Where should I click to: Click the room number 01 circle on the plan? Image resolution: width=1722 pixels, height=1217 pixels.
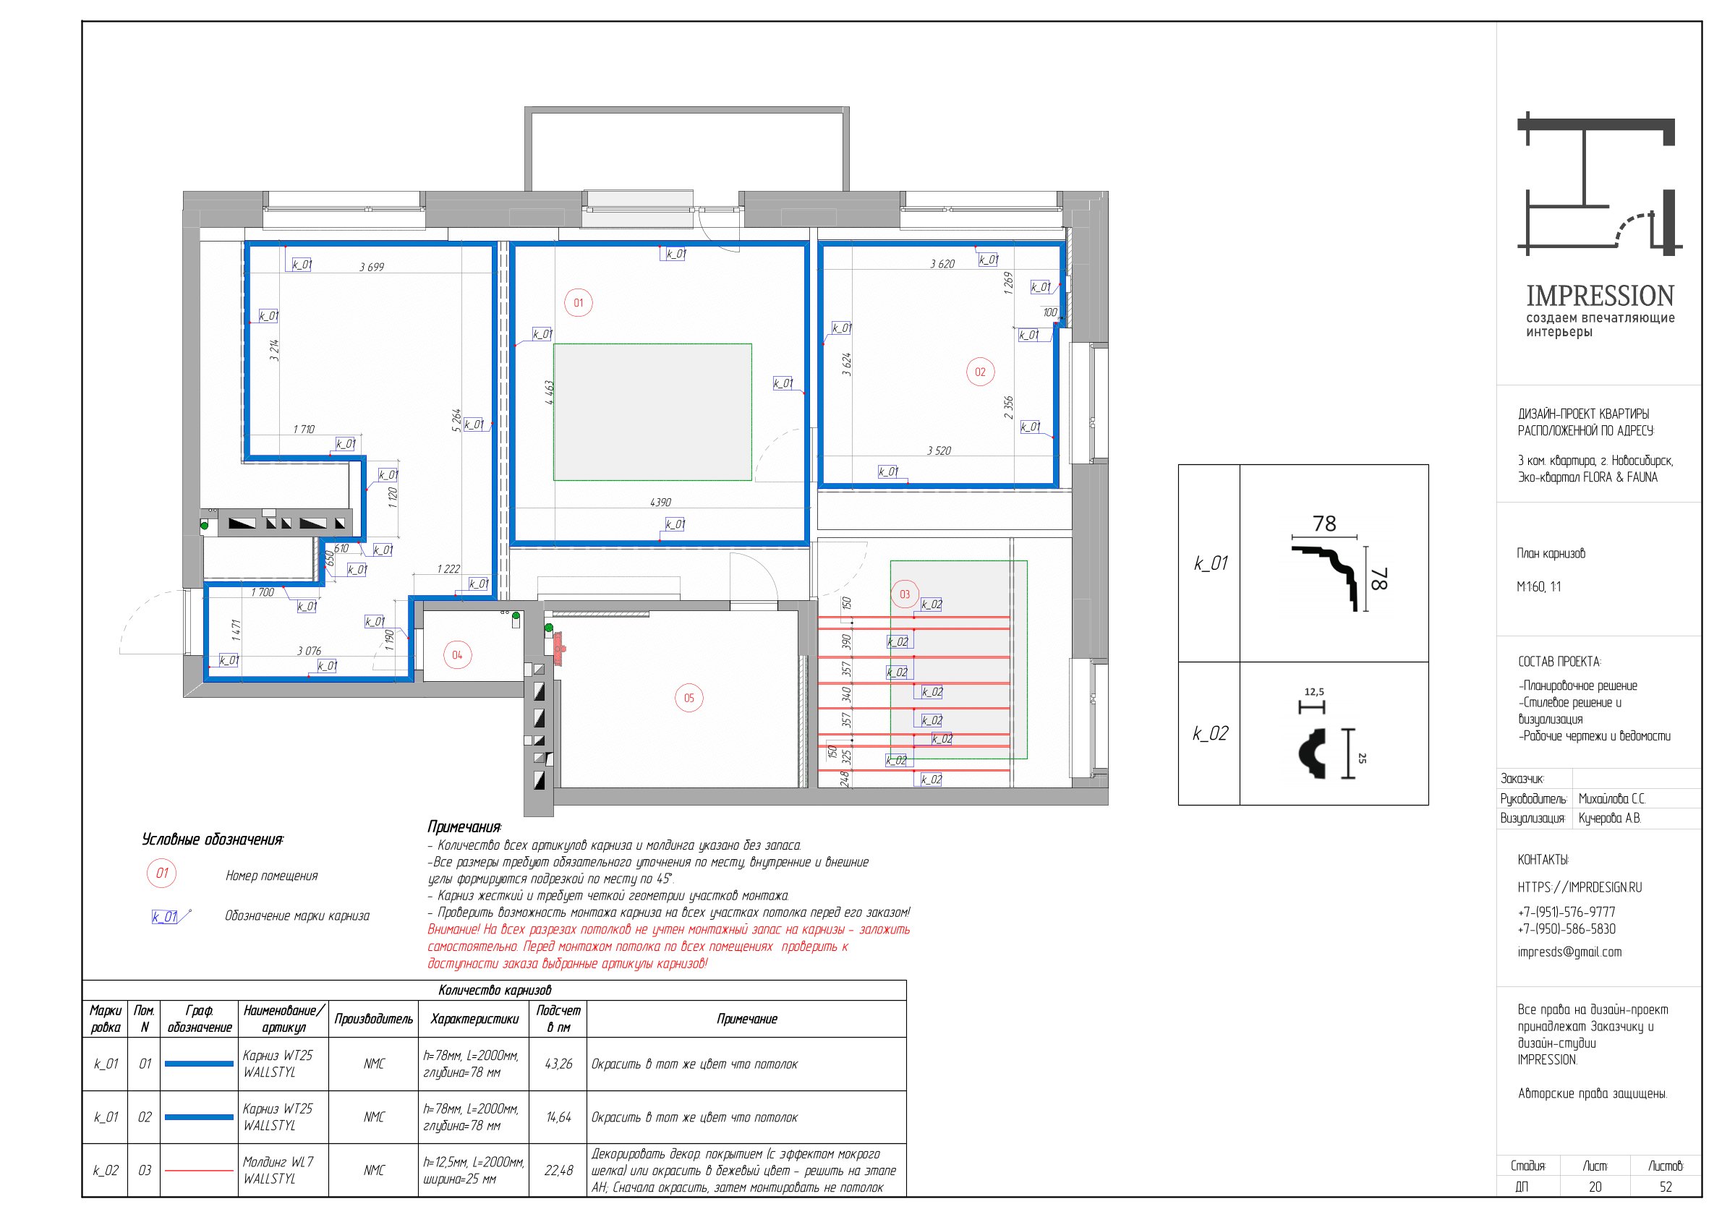tap(579, 303)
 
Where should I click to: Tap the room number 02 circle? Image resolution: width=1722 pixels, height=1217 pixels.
tap(980, 372)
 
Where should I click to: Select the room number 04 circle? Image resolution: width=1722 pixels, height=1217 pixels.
tap(457, 654)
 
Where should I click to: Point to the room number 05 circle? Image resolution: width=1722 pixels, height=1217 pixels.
tap(689, 698)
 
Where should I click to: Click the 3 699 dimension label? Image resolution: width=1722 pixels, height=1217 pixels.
tap(371, 267)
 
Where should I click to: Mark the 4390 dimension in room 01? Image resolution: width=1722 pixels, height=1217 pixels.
tap(660, 503)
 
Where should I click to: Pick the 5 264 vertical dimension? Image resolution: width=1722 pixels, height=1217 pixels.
tap(457, 420)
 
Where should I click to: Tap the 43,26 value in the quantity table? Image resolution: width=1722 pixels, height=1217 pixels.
tap(558, 1064)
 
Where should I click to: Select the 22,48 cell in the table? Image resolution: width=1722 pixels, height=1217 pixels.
tap(558, 1171)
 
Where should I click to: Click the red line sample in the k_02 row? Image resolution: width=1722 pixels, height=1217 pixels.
tap(199, 1170)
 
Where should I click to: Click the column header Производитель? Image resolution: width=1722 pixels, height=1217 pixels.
tap(373, 1019)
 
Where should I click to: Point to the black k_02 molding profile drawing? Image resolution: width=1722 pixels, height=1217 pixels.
tap(1312, 753)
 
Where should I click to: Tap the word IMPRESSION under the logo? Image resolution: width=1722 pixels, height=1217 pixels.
tap(1600, 296)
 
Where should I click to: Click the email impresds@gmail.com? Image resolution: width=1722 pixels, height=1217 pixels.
tap(1569, 952)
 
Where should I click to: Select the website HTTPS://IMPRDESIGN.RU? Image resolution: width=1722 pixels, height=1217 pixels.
tap(1580, 887)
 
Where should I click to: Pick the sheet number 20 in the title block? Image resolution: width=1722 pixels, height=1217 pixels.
tap(1595, 1187)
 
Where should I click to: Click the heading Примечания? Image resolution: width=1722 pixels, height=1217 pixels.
tap(464, 827)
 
